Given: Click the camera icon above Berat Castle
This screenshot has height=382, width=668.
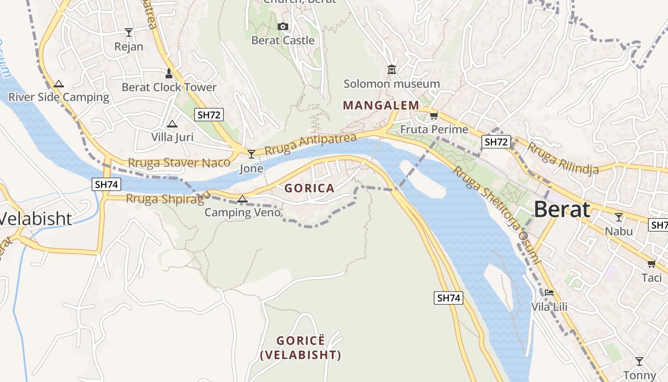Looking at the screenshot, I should (283, 26).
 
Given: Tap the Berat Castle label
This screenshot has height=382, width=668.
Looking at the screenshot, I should (283, 41).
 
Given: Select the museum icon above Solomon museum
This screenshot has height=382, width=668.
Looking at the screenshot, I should (392, 70).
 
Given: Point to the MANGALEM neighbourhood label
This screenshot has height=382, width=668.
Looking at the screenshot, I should (381, 105).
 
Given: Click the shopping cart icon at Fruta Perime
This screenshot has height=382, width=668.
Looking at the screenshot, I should (434, 116).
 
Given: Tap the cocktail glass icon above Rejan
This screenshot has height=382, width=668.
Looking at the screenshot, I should (128, 32).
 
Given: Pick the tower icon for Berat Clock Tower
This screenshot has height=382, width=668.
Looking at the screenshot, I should (168, 74).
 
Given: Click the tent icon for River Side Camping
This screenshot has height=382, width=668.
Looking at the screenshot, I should (59, 84).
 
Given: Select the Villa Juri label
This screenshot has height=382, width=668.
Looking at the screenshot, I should (172, 138).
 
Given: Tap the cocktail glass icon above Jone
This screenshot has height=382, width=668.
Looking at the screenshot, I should (251, 154).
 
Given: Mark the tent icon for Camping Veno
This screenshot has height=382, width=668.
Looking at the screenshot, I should (242, 199).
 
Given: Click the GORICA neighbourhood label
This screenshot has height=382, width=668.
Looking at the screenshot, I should (309, 188).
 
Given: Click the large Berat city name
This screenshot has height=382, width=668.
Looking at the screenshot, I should (562, 210).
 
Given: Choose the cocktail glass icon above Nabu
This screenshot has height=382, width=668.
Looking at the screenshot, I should (619, 217).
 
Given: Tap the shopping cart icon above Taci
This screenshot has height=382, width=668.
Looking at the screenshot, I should (652, 264).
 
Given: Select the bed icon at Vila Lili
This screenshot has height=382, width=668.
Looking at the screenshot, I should (549, 292).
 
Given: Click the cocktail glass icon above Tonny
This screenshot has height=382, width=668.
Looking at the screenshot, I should (639, 361).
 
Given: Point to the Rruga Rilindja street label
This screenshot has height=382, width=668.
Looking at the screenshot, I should (563, 159).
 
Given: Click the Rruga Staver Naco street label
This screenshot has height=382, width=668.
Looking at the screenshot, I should (179, 163).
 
